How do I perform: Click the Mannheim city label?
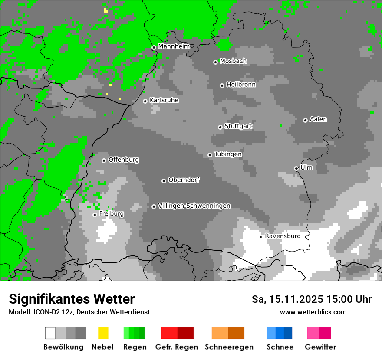[x=174, y=46]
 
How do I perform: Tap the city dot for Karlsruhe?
[x=145, y=101]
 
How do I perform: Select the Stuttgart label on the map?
[x=238, y=126]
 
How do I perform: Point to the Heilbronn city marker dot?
[x=222, y=85]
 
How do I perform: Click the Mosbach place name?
[x=233, y=61]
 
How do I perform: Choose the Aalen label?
[x=318, y=119]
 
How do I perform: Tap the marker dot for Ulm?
[x=296, y=168]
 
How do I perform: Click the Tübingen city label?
[x=228, y=154]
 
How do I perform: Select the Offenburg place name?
[x=124, y=160]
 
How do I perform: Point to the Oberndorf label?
[x=184, y=180]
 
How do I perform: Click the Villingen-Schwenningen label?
[x=194, y=206]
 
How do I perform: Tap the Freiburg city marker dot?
[x=95, y=215]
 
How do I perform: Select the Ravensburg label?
[x=283, y=236]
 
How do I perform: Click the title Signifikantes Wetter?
[x=72, y=299]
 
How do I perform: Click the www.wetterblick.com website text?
[x=313, y=312]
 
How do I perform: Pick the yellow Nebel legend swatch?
[x=103, y=333]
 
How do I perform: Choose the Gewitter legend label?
[x=320, y=347]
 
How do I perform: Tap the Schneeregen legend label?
[x=229, y=347]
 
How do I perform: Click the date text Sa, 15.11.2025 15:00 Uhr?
[x=311, y=300]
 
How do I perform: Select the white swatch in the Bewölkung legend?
[x=50, y=333]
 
